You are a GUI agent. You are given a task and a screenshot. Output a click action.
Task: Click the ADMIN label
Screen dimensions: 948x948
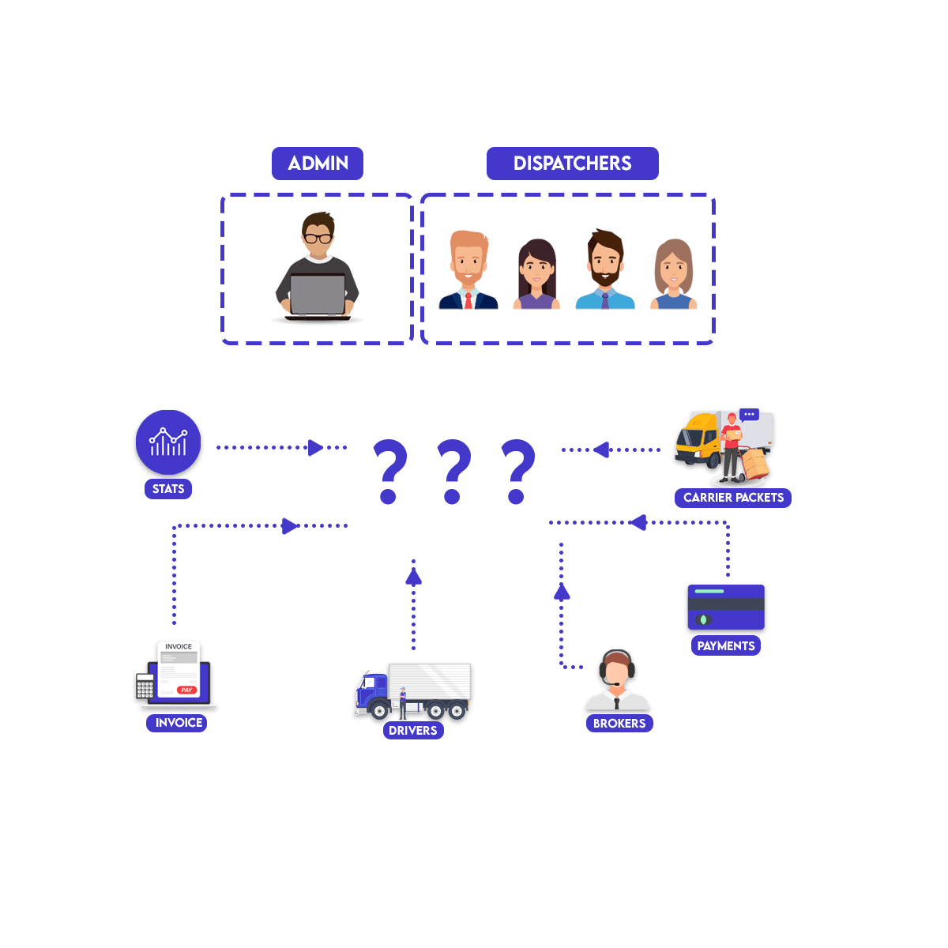pyautogui.click(x=318, y=164)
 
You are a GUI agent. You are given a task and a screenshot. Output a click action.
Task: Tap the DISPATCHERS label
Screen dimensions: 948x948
pyautogui.click(x=572, y=164)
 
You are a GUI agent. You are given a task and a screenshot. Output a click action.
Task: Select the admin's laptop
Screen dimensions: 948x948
pyautogui.click(x=318, y=294)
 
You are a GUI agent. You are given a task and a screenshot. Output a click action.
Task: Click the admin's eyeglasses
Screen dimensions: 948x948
pyautogui.click(x=318, y=237)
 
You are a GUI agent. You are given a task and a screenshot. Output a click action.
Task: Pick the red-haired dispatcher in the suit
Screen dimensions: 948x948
pyautogui.click(x=468, y=270)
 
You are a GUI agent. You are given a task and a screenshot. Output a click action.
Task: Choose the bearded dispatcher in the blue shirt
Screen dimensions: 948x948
pyautogui.click(x=605, y=270)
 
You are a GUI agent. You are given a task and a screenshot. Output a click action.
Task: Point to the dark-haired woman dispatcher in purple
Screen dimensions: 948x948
pyautogui.click(x=537, y=274)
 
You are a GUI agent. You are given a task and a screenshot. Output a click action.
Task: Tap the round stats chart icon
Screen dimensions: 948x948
pyautogui.click(x=168, y=443)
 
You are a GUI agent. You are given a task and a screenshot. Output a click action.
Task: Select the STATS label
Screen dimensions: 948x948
pyautogui.click(x=168, y=489)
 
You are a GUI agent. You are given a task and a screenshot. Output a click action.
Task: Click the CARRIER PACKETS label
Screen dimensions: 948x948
pyautogui.click(x=733, y=498)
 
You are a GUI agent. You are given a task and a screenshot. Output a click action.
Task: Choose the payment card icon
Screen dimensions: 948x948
pyautogui.click(x=725, y=608)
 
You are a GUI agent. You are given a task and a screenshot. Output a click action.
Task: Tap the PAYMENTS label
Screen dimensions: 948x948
pyautogui.click(x=726, y=646)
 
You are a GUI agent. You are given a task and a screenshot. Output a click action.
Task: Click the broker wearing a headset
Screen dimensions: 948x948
pyautogui.click(x=617, y=681)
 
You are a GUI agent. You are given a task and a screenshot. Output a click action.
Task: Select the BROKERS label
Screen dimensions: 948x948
pyautogui.click(x=619, y=724)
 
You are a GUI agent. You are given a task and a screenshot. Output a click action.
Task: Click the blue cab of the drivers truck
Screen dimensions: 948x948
pyautogui.click(x=371, y=692)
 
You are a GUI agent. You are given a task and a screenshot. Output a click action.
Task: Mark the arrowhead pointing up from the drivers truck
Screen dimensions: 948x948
pyautogui.click(x=413, y=575)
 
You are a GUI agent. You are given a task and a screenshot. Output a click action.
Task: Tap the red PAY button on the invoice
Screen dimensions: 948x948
pyautogui.click(x=186, y=690)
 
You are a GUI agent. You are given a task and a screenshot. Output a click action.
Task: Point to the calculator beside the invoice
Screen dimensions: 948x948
pyautogui.click(x=145, y=687)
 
